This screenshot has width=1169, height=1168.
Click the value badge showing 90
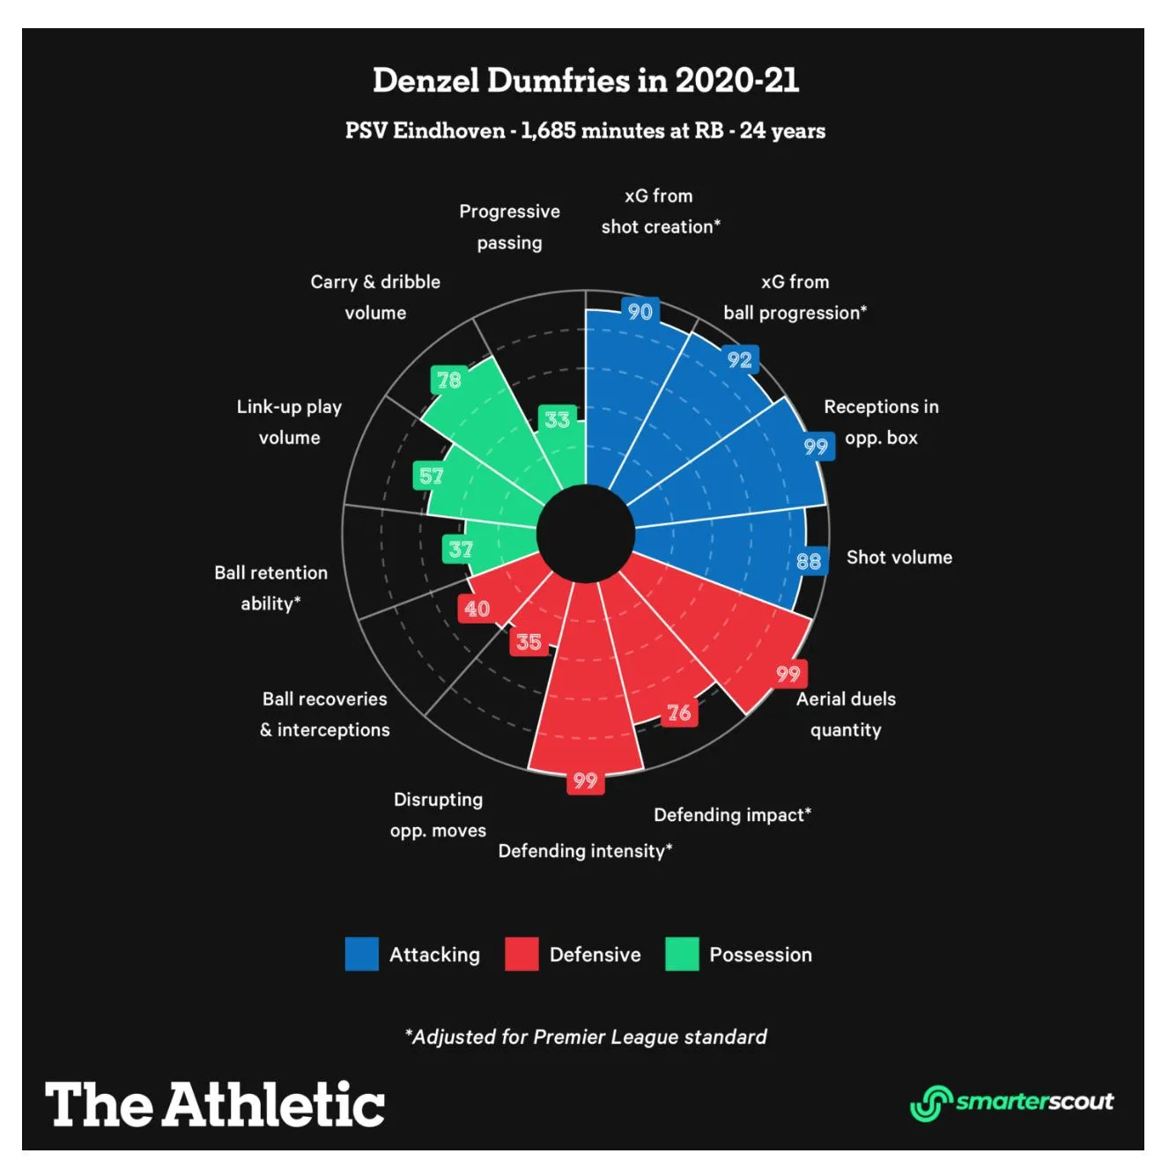[x=640, y=311]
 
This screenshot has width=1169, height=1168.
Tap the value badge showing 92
[x=739, y=359]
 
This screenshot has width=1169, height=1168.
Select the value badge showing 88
[x=809, y=561]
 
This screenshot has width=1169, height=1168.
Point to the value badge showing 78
[x=448, y=380]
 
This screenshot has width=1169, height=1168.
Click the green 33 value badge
[x=557, y=419]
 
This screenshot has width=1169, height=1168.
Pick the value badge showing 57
[x=431, y=477]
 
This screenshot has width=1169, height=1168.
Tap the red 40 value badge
[x=477, y=609]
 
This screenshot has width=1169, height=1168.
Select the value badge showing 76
[x=678, y=713]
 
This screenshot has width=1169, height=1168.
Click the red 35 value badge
[x=529, y=642]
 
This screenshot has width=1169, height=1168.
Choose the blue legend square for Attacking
[x=361, y=954]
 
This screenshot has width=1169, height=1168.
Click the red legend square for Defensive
[x=522, y=954]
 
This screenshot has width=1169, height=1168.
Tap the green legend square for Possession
[x=682, y=954]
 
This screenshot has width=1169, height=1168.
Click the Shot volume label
[x=899, y=558]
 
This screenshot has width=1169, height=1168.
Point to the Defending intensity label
[x=585, y=851]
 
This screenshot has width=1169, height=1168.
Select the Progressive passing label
[x=509, y=226]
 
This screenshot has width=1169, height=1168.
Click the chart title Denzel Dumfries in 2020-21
[x=585, y=81]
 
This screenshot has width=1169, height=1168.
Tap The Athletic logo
[x=215, y=1105]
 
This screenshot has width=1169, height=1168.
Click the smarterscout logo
[x=1011, y=1102]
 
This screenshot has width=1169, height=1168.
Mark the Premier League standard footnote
[x=585, y=1037]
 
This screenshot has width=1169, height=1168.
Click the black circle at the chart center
[x=586, y=534]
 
